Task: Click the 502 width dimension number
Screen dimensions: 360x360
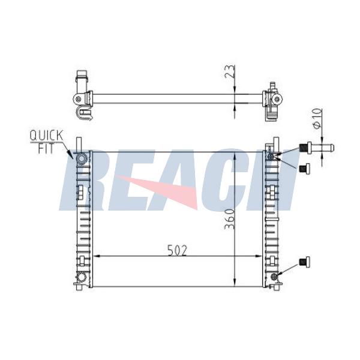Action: click(177, 250)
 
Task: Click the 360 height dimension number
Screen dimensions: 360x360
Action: click(230, 219)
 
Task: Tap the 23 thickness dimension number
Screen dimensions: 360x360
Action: click(230, 71)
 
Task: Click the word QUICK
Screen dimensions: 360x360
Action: click(46, 136)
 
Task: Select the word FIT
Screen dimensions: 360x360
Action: click(46, 149)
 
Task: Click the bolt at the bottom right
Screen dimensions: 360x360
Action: click(305, 262)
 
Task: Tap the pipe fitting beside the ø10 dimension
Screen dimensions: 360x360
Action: click(317, 148)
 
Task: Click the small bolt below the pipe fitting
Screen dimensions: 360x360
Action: click(304, 168)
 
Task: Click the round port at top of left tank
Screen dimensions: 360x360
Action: click(82, 158)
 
